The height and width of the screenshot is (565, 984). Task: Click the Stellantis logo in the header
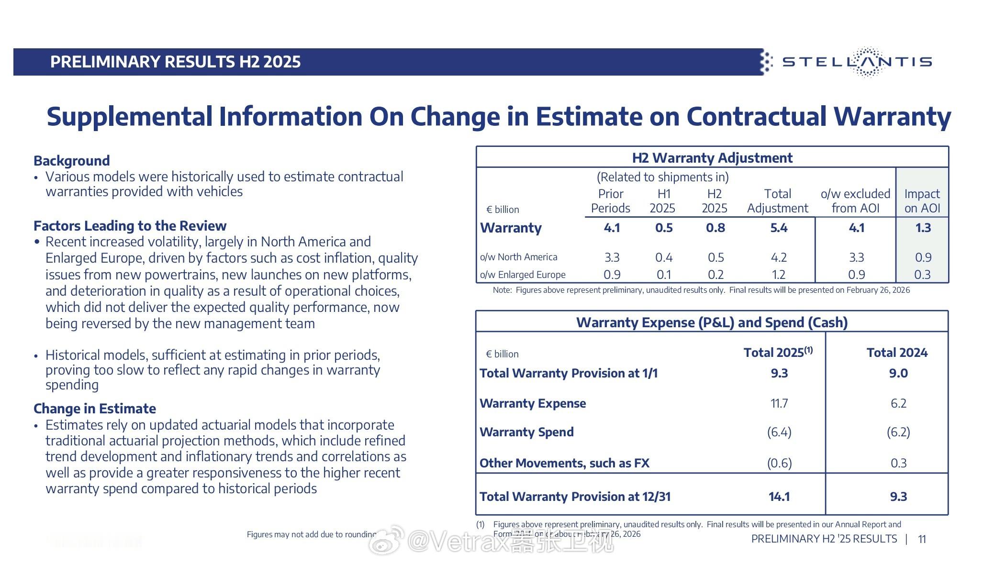[x=857, y=62]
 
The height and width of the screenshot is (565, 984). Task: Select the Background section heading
[x=72, y=161]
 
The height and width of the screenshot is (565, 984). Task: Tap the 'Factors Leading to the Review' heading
[x=130, y=226]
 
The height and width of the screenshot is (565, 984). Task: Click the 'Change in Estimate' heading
[x=95, y=409]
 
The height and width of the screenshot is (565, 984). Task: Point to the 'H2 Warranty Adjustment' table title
[x=712, y=158]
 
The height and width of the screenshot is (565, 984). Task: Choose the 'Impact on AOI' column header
[x=922, y=201]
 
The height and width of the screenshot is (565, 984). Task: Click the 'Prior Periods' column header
[x=610, y=201]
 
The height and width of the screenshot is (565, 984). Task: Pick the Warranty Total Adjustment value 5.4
[x=779, y=228]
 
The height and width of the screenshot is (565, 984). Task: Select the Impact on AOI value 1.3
[x=923, y=228]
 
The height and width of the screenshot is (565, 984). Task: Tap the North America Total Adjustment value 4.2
[x=779, y=258]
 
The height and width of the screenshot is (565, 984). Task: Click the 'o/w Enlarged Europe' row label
[x=523, y=275]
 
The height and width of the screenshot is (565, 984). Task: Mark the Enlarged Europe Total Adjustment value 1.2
[x=779, y=275]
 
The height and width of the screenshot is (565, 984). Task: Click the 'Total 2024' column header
[x=897, y=353]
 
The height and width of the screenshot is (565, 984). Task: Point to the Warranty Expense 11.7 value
[x=779, y=404]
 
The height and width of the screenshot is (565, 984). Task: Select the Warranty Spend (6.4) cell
[x=779, y=432]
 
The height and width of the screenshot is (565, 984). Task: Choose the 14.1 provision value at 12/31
[x=779, y=497]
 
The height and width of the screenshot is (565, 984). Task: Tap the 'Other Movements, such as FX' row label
[x=564, y=463]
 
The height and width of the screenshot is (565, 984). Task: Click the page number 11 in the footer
[x=922, y=540]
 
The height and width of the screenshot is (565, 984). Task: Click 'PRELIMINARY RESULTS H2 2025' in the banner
[x=175, y=62]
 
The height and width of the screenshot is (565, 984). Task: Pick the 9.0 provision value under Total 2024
[x=898, y=374]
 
